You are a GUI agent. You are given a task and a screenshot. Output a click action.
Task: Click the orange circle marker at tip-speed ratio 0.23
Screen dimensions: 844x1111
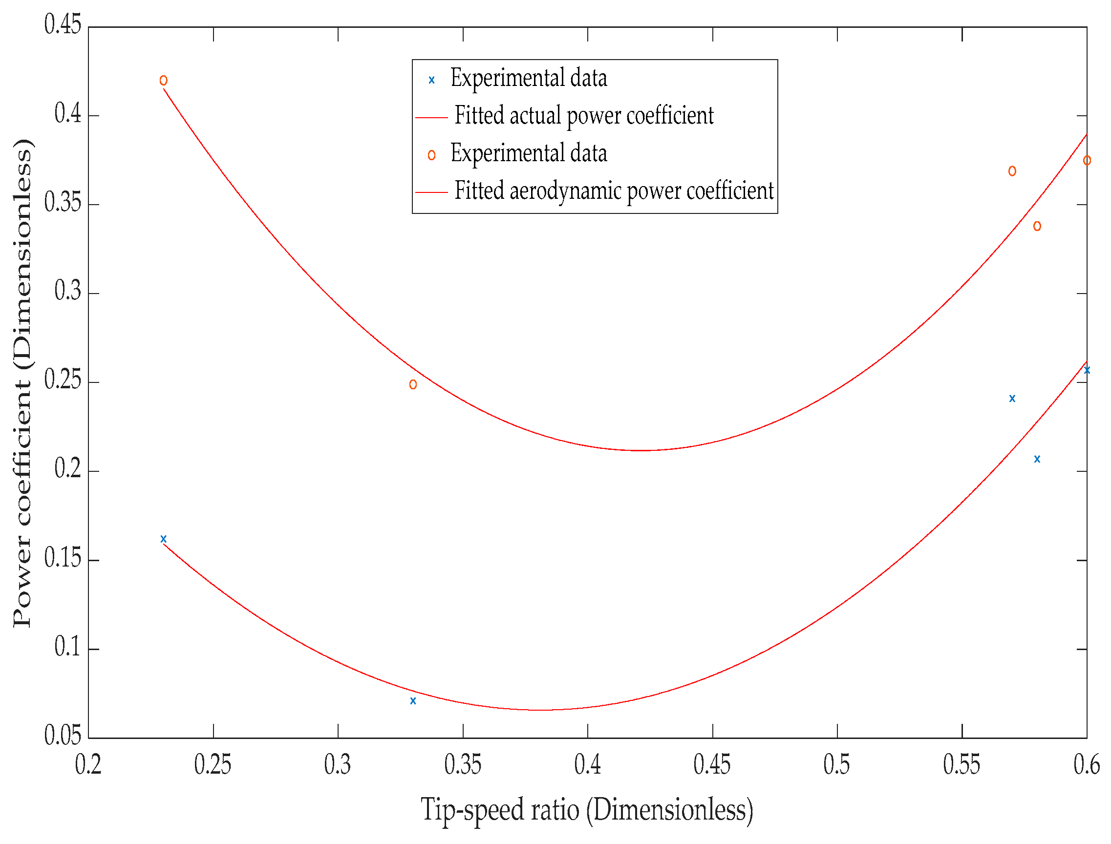[163, 81]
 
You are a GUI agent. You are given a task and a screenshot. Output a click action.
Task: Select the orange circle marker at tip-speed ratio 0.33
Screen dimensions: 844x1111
[413, 385]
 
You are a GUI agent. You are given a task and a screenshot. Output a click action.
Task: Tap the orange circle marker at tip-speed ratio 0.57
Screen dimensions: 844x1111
[1012, 171]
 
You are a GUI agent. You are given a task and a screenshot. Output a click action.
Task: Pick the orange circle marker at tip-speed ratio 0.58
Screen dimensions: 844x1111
[1037, 226]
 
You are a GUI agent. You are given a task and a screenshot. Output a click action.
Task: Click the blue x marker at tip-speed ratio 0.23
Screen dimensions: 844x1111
[163, 539]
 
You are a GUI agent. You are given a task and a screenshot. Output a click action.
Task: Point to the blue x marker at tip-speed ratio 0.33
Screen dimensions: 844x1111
[413, 701]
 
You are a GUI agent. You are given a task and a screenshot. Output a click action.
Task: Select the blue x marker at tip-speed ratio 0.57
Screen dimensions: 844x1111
[1012, 399]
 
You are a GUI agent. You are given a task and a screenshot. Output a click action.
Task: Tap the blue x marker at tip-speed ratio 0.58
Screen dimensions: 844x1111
[1037, 459]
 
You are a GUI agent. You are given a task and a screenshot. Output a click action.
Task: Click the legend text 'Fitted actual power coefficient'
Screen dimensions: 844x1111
[584, 116]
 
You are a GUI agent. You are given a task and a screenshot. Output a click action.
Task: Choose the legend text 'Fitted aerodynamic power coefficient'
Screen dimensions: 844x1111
[614, 191]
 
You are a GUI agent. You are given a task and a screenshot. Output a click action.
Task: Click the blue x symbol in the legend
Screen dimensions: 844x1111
[431, 80]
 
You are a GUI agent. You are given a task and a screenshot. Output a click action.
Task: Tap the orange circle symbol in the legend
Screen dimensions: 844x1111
[431, 155]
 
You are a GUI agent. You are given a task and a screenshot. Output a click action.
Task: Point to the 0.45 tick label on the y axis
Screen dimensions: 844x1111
[63, 24]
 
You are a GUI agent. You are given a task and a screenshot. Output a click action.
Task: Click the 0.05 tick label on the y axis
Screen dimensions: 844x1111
[63, 736]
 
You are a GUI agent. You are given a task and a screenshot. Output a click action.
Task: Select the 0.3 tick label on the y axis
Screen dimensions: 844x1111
[68, 291]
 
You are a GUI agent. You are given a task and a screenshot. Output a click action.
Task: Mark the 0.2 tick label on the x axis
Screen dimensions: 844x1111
[88, 764]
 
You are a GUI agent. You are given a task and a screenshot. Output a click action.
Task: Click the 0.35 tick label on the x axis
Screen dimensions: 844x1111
[463, 764]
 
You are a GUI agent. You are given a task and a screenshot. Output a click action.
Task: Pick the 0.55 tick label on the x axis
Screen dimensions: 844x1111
[962, 764]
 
